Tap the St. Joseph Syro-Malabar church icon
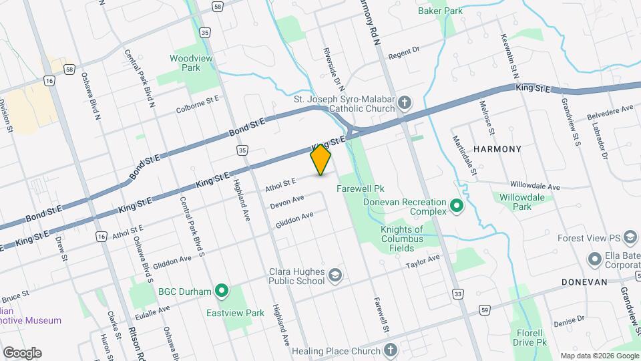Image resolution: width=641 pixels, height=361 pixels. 405,103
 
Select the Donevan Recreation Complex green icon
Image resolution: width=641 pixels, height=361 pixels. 457,205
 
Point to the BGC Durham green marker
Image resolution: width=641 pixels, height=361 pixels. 222,291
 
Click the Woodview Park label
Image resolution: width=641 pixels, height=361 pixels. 185,63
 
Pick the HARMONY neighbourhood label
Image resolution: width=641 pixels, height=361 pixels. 497,149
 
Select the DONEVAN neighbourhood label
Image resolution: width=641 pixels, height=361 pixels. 584,282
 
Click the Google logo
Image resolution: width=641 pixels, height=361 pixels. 21,352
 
